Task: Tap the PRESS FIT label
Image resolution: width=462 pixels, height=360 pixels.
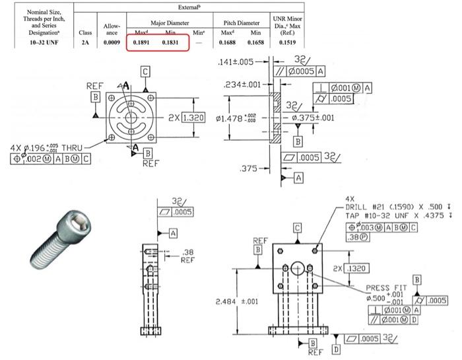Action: click(386, 287)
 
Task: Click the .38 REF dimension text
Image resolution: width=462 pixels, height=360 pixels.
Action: click(187, 254)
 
